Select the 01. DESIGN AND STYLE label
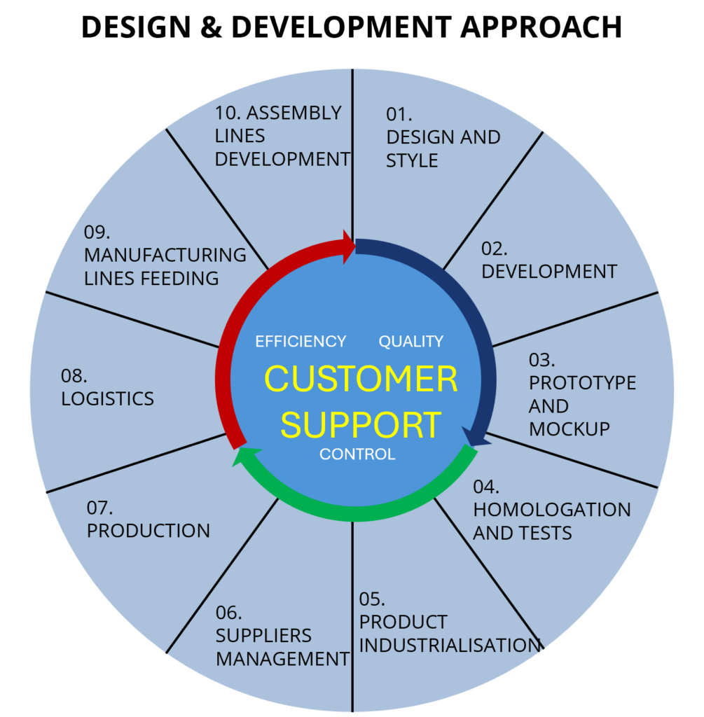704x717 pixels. click(x=443, y=137)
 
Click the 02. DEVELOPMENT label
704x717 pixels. click(x=548, y=260)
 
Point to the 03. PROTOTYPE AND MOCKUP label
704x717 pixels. click(x=581, y=394)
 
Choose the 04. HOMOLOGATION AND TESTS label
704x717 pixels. click(x=551, y=510)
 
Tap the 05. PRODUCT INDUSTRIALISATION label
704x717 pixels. click(x=448, y=622)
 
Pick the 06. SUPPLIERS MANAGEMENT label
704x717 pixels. click(x=282, y=636)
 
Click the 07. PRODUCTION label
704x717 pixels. click(x=148, y=520)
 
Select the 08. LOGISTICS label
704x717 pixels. click(x=107, y=387)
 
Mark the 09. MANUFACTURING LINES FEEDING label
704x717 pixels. click(x=165, y=256)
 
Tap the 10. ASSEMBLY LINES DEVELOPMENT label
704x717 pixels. click(x=282, y=136)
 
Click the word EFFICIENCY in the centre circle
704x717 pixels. click(x=301, y=341)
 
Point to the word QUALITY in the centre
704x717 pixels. click(x=411, y=341)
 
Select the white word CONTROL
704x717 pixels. click(x=357, y=454)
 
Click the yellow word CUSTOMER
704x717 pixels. click(x=361, y=379)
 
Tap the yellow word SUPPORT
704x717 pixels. click(x=361, y=424)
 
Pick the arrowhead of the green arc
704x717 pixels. click(x=244, y=455)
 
